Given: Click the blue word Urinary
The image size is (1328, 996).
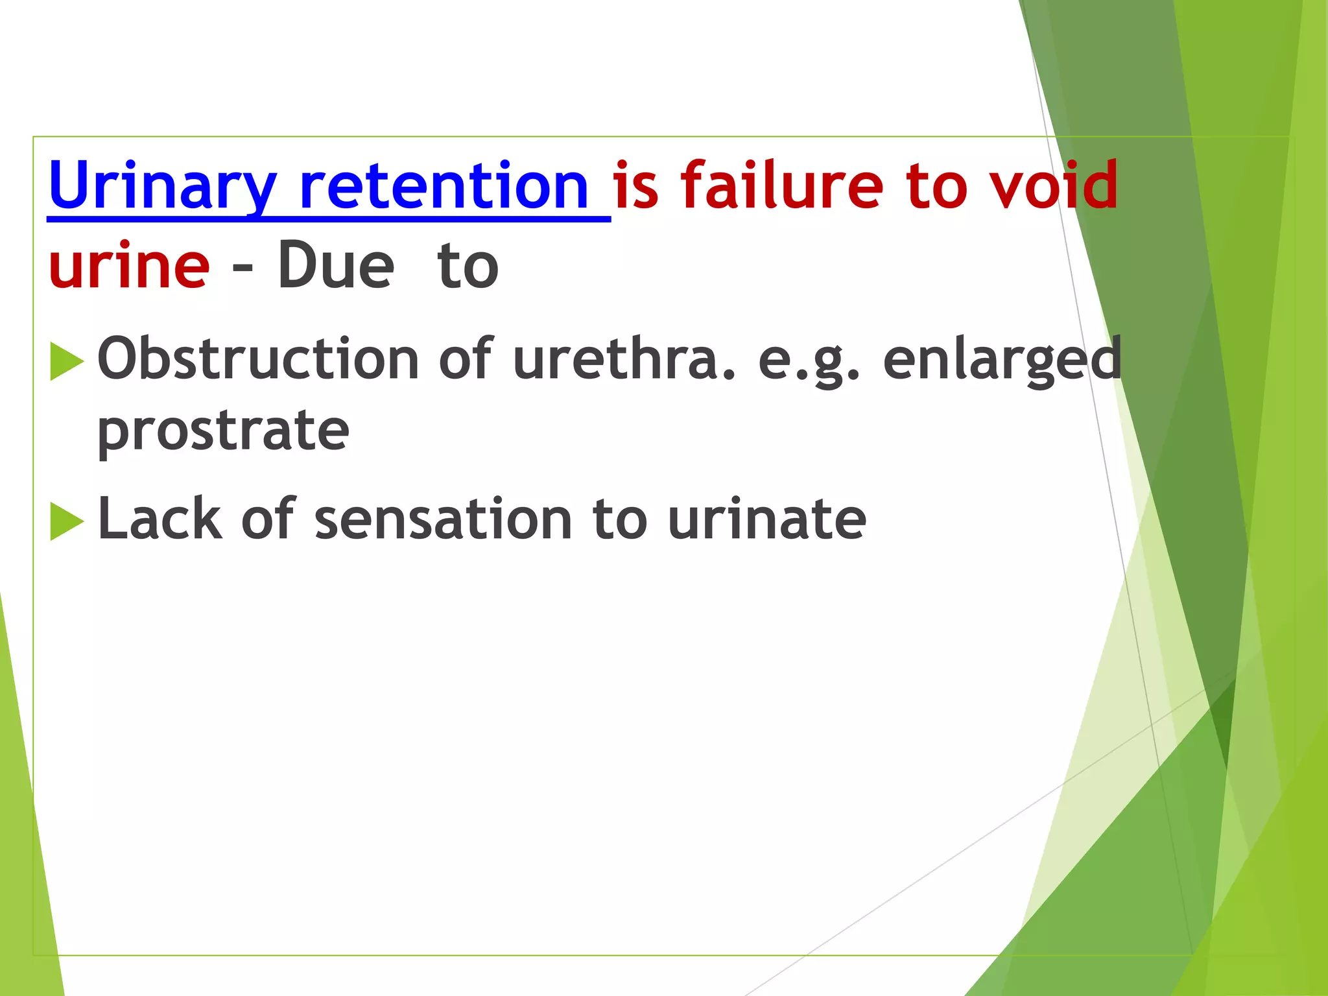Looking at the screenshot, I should (x=162, y=187).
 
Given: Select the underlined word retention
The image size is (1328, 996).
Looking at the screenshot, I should (x=444, y=187).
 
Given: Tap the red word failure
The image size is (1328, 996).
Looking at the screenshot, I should (x=782, y=187).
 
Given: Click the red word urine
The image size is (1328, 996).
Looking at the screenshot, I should (x=129, y=266).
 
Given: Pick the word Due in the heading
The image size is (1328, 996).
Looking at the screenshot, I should (x=335, y=266).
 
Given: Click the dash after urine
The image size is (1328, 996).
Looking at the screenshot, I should (x=243, y=267).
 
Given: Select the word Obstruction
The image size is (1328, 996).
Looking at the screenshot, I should (x=258, y=359).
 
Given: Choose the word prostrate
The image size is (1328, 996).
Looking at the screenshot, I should (x=223, y=432).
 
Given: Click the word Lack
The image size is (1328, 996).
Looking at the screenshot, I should (x=160, y=519).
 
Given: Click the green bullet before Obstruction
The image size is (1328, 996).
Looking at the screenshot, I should (x=66, y=361).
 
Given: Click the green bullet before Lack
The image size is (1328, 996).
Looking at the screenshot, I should (x=66, y=521).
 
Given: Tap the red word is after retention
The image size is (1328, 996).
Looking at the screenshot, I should (x=635, y=187).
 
